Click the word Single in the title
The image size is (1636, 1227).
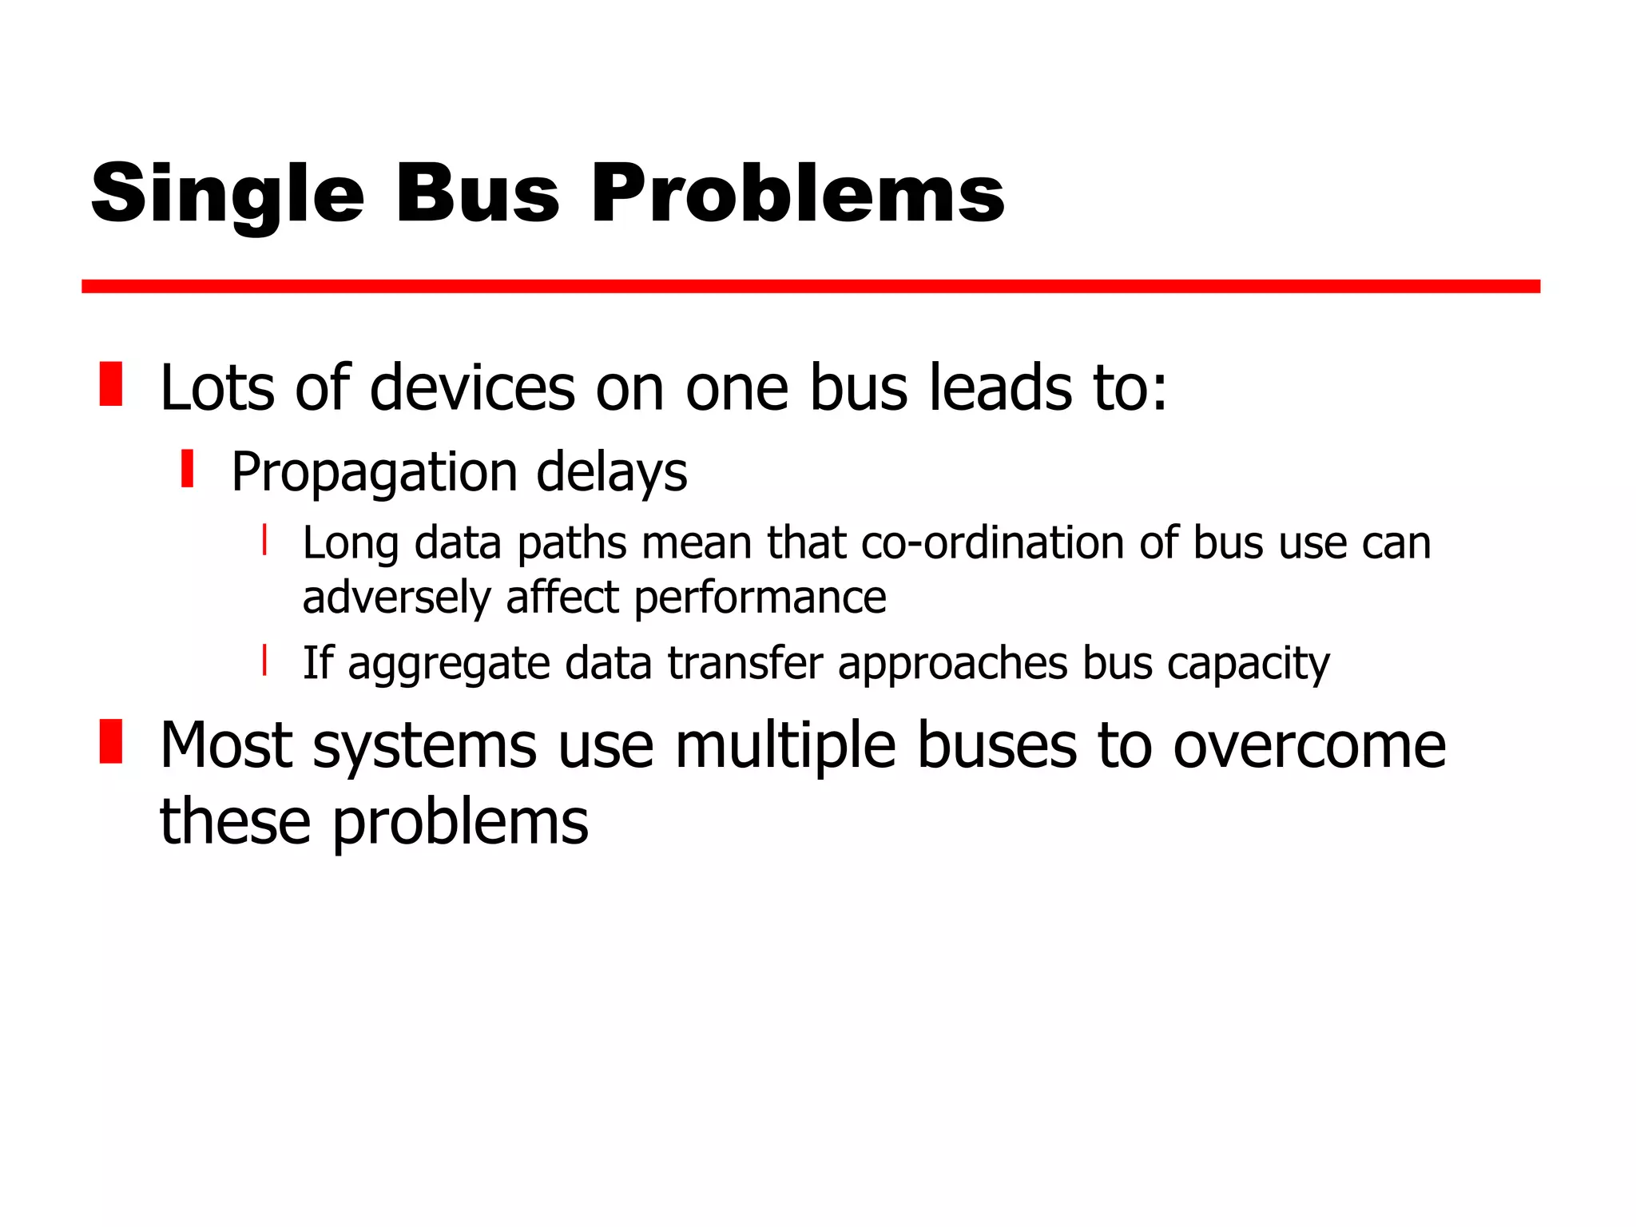[228, 194]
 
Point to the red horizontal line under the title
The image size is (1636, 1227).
[810, 287]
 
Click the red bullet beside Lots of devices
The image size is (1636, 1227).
[111, 384]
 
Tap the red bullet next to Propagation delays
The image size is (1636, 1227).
[188, 469]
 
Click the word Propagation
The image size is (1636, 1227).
[375, 473]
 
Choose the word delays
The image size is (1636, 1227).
[611, 473]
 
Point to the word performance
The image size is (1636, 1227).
[760, 598]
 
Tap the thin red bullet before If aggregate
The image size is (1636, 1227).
[264, 661]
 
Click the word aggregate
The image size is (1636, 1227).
[449, 665]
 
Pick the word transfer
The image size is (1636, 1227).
[745, 663]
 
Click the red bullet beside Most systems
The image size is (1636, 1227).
[111, 741]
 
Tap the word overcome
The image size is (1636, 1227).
[1309, 746]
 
